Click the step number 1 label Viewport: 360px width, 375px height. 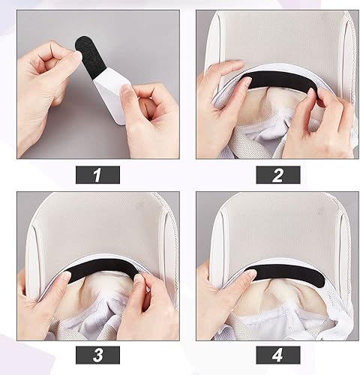click(97, 175)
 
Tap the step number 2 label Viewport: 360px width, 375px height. click(278, 175)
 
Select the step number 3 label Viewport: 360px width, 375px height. click(97, 355)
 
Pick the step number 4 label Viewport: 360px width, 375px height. click(278, 355)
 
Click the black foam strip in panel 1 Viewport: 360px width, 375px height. click(88, 58)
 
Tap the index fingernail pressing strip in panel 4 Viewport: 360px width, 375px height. click(250, 275)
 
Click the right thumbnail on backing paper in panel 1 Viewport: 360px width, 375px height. click(125, 88)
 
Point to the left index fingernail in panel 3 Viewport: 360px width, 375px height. click(67, 276)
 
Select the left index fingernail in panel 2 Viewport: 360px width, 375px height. click(247, 81)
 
